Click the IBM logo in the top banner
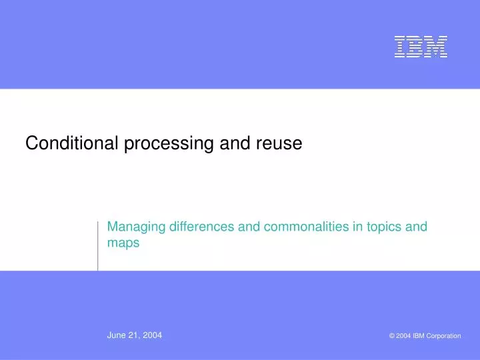coord(420,47)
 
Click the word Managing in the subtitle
coord(137,227)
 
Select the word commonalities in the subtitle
coord(306,227)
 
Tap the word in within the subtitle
coord(357,227)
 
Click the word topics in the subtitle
coord(384,227)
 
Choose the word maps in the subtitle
coord(123,243)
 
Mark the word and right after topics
coord(417,227)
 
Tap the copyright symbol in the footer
coord(392,336)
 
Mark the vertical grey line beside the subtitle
coord(98,245)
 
